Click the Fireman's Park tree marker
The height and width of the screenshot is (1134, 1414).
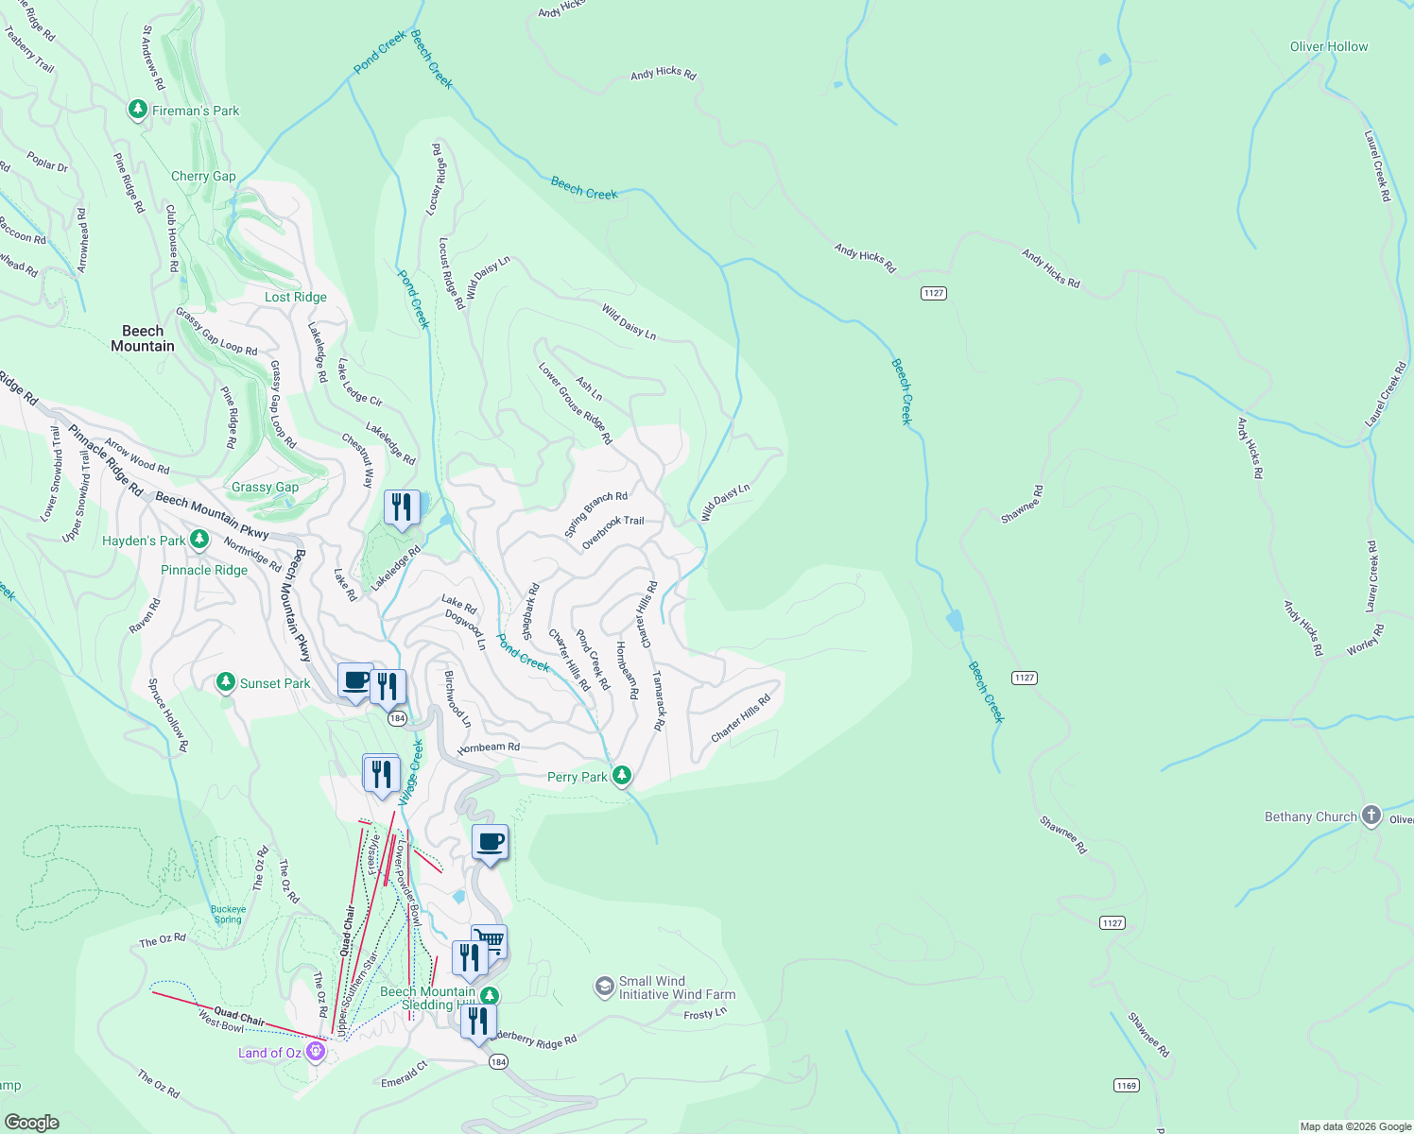[x=138, y=111]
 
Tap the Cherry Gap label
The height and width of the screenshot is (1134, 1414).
[x=203, y=177]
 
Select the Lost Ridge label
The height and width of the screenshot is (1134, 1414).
[x=295, y=297]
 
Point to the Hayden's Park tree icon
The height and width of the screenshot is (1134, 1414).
[x=198, y=539]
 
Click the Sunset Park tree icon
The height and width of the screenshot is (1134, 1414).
[x=225, y=681]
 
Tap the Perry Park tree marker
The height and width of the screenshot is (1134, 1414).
[x=621, y=776]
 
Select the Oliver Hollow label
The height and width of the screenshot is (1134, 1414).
[x=1328, y=46]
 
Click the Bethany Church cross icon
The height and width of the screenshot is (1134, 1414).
[x=1371, y=816]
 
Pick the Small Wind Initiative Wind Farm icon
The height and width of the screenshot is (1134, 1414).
[x=604, y=988]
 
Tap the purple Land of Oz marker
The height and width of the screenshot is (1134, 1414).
[x=316, y=1052]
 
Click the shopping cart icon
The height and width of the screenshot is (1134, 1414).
[x=490, y=940]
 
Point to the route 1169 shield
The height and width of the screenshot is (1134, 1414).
[x=1126, y=1085]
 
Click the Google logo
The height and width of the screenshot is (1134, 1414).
[x=31, y=1122]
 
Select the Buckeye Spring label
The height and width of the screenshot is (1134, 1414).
[x=228, y=915]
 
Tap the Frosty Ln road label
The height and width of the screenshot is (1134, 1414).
[x=705, y=1013]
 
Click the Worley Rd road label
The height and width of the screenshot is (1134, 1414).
[x=1366, y=640]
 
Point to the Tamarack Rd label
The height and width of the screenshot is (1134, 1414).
[x=659, y=701]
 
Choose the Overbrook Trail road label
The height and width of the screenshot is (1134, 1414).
[x=612, y=532]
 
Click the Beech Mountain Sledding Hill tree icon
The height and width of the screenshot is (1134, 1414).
[x=489, y=995]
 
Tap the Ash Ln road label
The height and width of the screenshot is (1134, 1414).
[x=589, y=388]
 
